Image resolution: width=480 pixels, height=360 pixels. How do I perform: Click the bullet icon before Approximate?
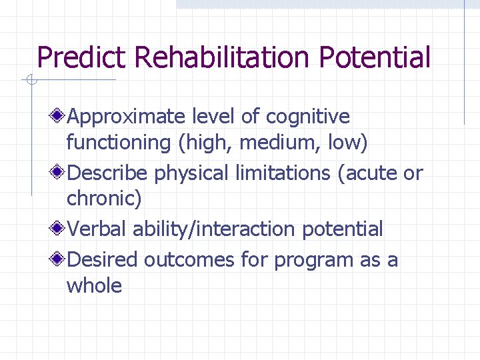pyautogui.click(x=59, y=117)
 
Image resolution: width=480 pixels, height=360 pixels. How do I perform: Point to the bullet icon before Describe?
pyautogui.click(x=59, y=173)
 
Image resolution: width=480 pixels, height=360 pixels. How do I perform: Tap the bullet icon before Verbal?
pyautogui.click(x=59, y=229)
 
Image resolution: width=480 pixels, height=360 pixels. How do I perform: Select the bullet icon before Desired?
pyautogui.click(x=59, y=259)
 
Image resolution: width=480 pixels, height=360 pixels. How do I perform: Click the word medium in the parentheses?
pyautogui.click(x=271, y=143)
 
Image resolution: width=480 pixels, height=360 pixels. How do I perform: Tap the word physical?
pyautogui.click(x=192, y=173)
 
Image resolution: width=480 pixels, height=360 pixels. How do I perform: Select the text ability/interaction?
pyautogui.click(x=215, y=229)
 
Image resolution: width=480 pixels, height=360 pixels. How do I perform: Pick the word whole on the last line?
pyautogui.click(x=94, y=286)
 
